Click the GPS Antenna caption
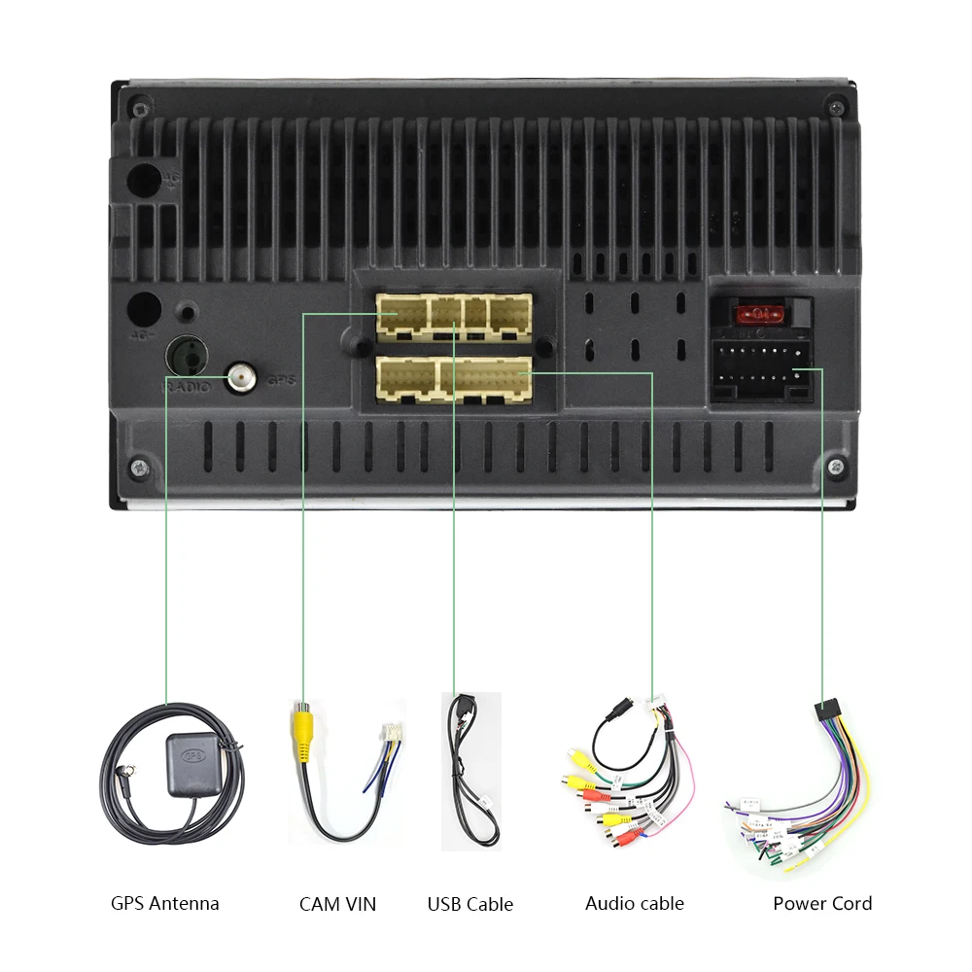(x=165, y=903)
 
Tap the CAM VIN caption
(x=337, y=904)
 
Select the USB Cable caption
(x=470, y=904)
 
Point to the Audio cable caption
(x=635, y=903)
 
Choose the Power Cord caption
(x=822, y=903)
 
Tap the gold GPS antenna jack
(x=241, y=377)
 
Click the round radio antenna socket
(x=188, y=356)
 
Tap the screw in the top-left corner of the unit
(x=140, y=106)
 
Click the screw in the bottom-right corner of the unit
(x=836, y=468)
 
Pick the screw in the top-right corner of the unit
(x=836, y=105)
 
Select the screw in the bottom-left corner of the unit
(x=142, y=468)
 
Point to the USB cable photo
(x=471, y=770)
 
